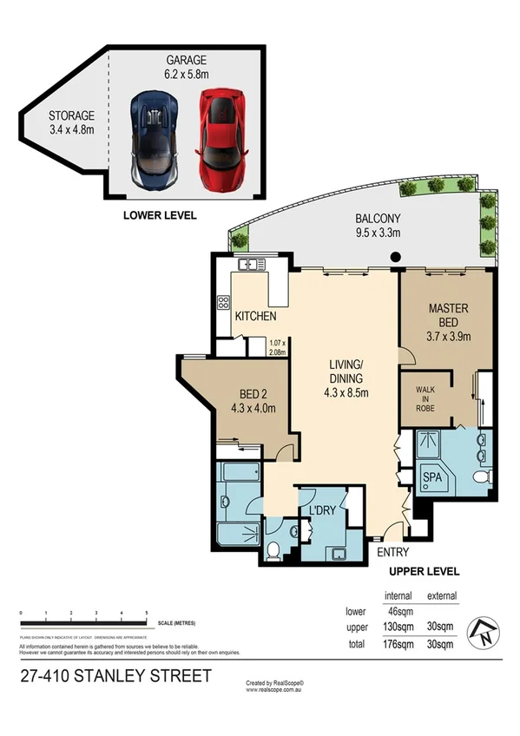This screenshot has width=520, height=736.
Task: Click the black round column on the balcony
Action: (x=395, y=257)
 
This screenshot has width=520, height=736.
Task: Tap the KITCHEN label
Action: (x=256, y=316)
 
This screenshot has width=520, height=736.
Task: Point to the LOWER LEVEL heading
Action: (x=160, y=214)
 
